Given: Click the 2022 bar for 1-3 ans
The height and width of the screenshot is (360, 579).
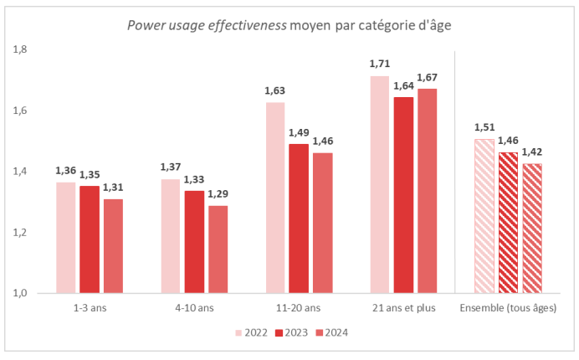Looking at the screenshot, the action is pos(66,238).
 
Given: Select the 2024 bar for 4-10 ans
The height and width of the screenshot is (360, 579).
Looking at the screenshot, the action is pos(218,249).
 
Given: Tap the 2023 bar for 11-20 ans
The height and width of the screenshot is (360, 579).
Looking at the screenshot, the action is pos(299,219).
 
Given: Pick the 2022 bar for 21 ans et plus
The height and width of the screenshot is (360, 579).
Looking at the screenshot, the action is pos(380,185).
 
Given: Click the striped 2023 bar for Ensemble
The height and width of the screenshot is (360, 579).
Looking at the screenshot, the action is pos(508,223).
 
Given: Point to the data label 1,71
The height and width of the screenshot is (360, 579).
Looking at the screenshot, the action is pos(380,64).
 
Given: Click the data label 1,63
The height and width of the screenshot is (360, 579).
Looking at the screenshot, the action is pos(275,90).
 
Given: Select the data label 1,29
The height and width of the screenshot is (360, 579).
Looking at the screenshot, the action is pos(218,193).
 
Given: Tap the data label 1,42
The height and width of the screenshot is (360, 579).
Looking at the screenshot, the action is pos(532,152).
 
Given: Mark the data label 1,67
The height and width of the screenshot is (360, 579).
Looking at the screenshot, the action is pos(428,77).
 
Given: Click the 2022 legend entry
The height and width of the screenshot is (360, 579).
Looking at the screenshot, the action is pos(252,332).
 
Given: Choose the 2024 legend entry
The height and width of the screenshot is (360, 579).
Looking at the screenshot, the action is pos(332,332).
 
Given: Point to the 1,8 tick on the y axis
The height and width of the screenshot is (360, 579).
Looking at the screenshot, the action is pos(20,49).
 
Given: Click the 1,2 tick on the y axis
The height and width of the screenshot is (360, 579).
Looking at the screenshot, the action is pos(20,233).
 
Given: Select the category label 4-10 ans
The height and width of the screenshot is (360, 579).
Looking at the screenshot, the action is pos(195,308).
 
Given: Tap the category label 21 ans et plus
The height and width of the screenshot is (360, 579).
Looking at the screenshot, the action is pos(404,308).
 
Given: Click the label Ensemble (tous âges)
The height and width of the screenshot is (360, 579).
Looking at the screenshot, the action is pos(508,308).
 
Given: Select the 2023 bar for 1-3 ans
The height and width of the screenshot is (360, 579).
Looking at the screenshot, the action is pos(90,239).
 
